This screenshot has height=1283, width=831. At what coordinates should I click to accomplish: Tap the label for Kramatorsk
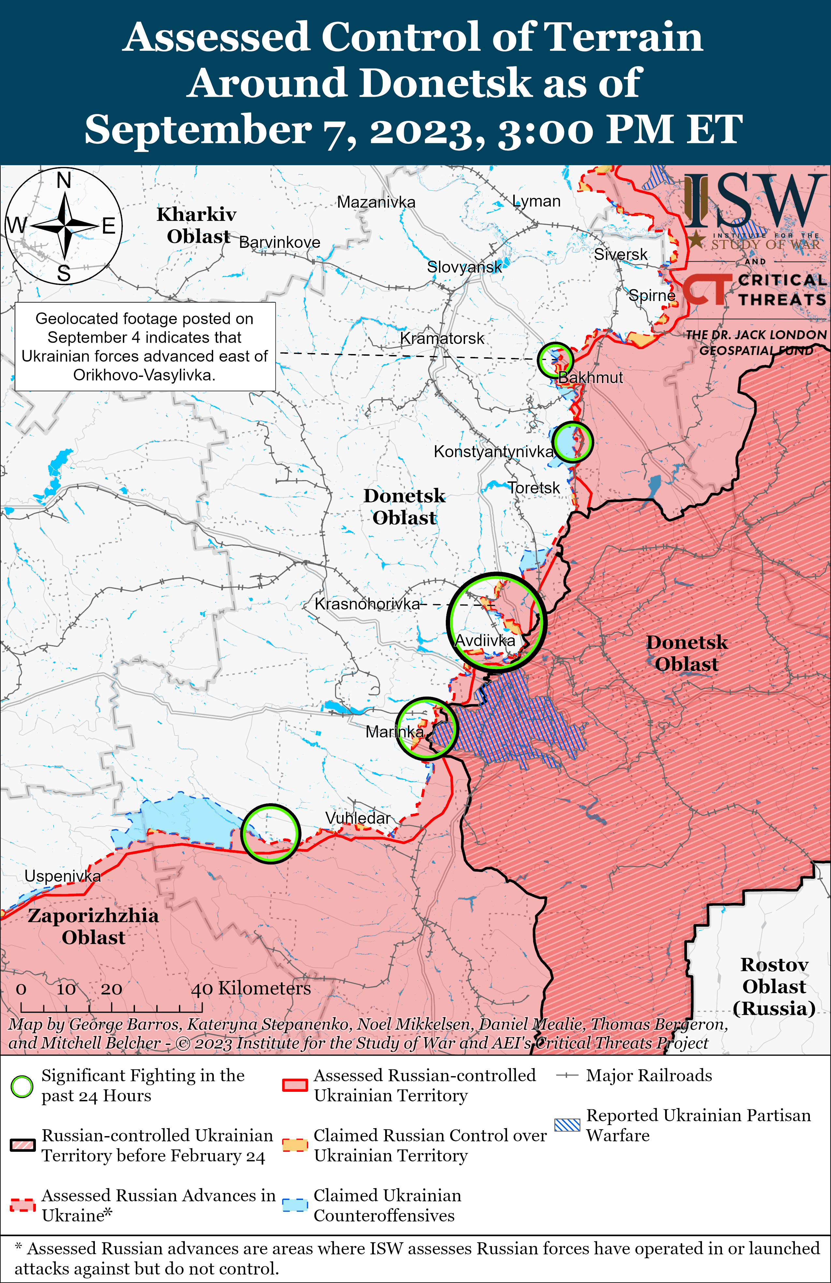[x=442, y=338]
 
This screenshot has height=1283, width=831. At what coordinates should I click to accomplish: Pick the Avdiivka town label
[x=485, y=640]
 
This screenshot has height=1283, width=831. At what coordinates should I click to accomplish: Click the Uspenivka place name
[x=63, y=876]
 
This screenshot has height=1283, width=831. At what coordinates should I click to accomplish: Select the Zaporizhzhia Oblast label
[x=93, y=926]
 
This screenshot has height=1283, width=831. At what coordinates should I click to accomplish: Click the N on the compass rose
[x=64, y=180]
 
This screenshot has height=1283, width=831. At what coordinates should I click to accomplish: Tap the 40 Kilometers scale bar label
[x=251, y=988]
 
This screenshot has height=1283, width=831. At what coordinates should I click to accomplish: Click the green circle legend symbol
[x=22, y=1086]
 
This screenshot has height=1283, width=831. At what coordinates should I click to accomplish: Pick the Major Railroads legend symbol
[x=567, y=1076]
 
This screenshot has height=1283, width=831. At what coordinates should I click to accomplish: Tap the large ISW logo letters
[x=755, y=201]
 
